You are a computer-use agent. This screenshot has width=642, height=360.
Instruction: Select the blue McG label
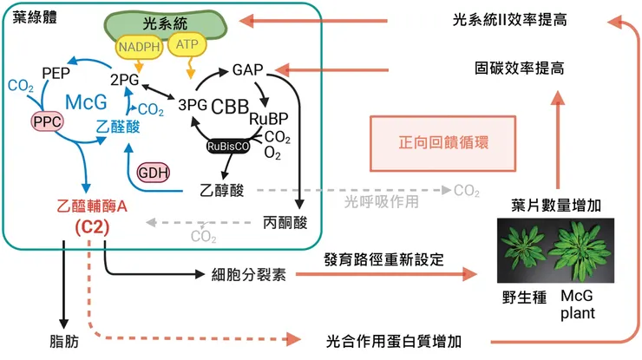(x=86, y=102)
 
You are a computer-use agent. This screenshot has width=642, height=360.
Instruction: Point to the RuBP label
(x=267, y=118)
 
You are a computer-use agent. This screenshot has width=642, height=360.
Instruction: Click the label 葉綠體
(x=32, y=17)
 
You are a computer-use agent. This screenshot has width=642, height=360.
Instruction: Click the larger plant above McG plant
(x=575, y=247)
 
